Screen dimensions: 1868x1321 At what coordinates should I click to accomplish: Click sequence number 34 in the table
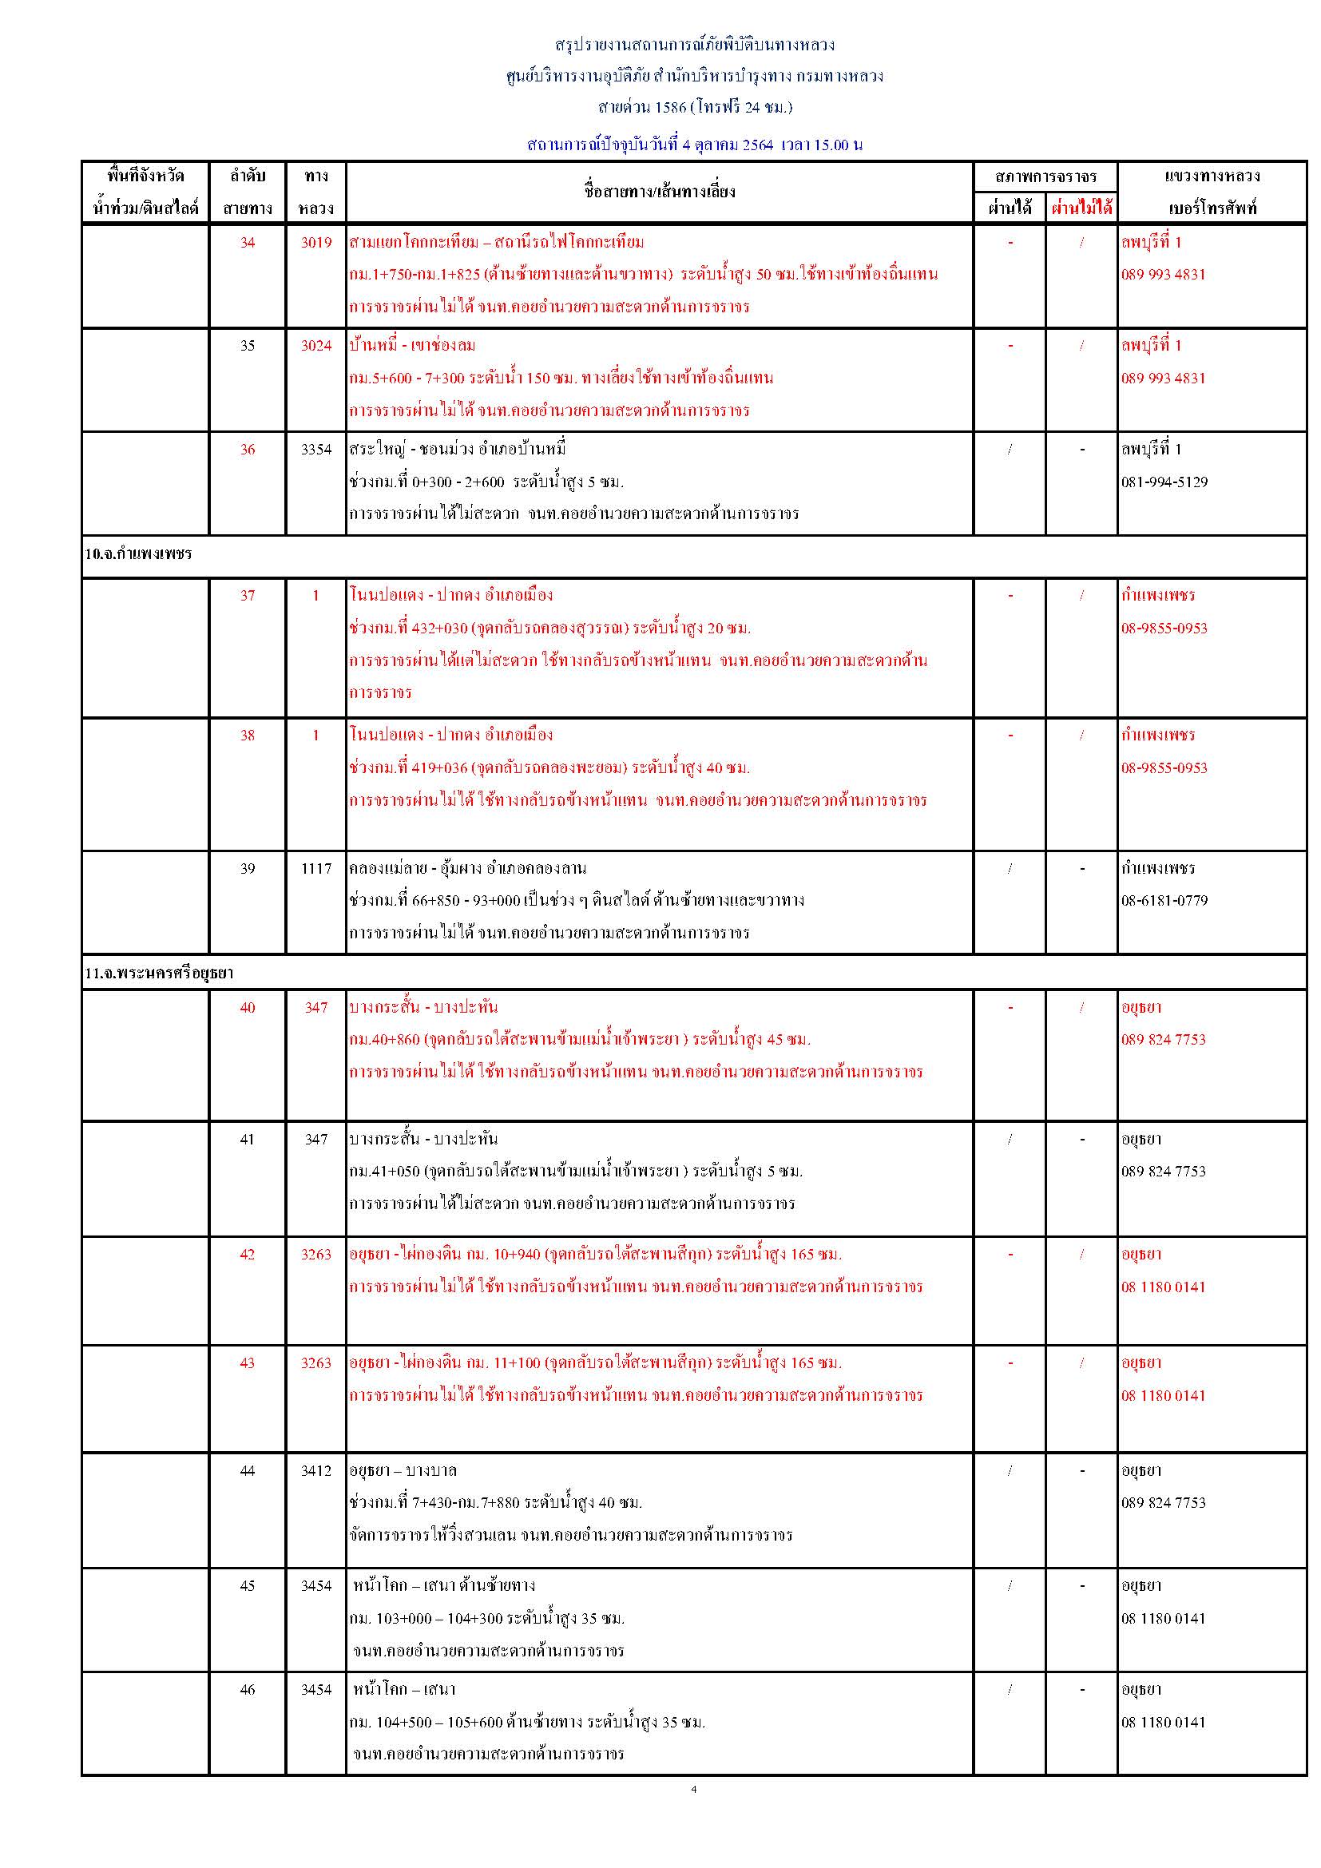(248, 243)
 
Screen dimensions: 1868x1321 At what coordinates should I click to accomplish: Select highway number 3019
(315, 243)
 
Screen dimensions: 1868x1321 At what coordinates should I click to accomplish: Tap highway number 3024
(315, 346)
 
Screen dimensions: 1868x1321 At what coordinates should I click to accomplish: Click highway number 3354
(315, 449)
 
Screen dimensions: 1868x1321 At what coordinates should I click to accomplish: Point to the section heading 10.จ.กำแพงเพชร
(138, 554)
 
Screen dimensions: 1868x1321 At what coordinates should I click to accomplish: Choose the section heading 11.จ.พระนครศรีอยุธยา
(159, 973)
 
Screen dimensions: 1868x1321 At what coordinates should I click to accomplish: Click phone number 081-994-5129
(1164, 482)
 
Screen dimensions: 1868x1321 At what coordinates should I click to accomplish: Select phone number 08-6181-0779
(1164, 901)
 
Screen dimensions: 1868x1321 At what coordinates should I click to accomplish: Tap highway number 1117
(315, 868)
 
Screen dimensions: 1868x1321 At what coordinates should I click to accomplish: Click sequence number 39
(248, 868)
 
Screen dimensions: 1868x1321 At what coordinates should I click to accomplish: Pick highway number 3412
(315, 1470)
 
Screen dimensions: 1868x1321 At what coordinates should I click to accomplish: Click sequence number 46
(248, 1689)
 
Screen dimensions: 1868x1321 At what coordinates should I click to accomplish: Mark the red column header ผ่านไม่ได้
(1081, 208)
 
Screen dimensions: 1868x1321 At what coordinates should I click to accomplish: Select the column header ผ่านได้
(1010, 208)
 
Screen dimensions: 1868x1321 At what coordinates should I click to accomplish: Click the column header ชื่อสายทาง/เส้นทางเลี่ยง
(659, 192)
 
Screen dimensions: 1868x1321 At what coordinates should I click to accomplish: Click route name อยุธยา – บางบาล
(403, 1470)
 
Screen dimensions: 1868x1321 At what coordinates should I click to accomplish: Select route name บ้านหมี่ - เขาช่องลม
(412, 346)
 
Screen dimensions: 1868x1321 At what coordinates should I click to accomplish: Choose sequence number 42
(248, 1254)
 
